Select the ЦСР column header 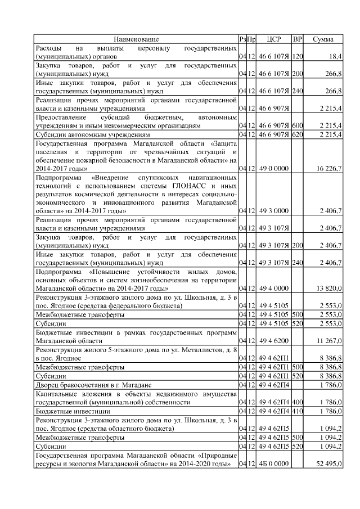(274, 39)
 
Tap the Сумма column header (323, 39)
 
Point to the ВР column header (298, 39)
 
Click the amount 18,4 (335, 57)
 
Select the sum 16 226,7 (329, 168)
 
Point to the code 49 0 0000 (274, 168)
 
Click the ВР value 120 (298, 57)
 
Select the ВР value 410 (298, 412)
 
